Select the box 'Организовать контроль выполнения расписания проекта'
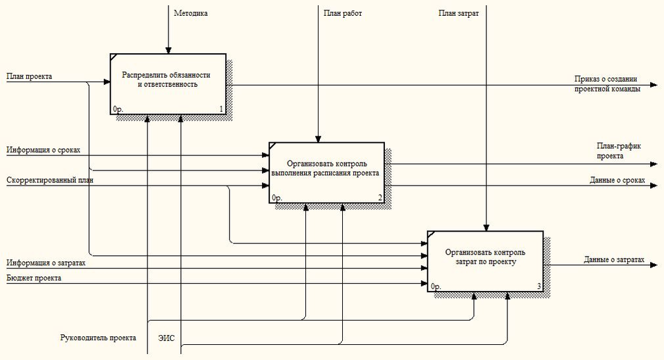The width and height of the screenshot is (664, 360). point(326,172)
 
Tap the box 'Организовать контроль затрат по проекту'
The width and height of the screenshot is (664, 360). point(485,261)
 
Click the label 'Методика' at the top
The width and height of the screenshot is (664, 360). point(191,13)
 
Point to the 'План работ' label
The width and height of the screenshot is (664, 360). point(342,13)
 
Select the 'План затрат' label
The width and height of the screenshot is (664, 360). point(458,13)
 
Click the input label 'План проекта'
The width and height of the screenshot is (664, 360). point(30,76)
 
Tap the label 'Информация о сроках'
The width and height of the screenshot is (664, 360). point(43,150)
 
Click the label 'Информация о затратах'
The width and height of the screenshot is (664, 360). point(46,263)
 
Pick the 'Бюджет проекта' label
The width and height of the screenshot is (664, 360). point(34,278)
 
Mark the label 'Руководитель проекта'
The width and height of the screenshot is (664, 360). point(98,338)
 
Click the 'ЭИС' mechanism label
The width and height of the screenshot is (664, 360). point(166,338)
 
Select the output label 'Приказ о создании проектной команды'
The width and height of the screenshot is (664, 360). point(607,84)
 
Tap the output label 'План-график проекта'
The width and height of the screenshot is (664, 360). point(619,151)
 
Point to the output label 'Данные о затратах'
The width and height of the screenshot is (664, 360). point(613,260)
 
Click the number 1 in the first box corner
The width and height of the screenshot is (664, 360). point(221,109)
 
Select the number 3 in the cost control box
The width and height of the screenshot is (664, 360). point(539,286)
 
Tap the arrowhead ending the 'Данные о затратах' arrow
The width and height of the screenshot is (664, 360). point(653,265)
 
